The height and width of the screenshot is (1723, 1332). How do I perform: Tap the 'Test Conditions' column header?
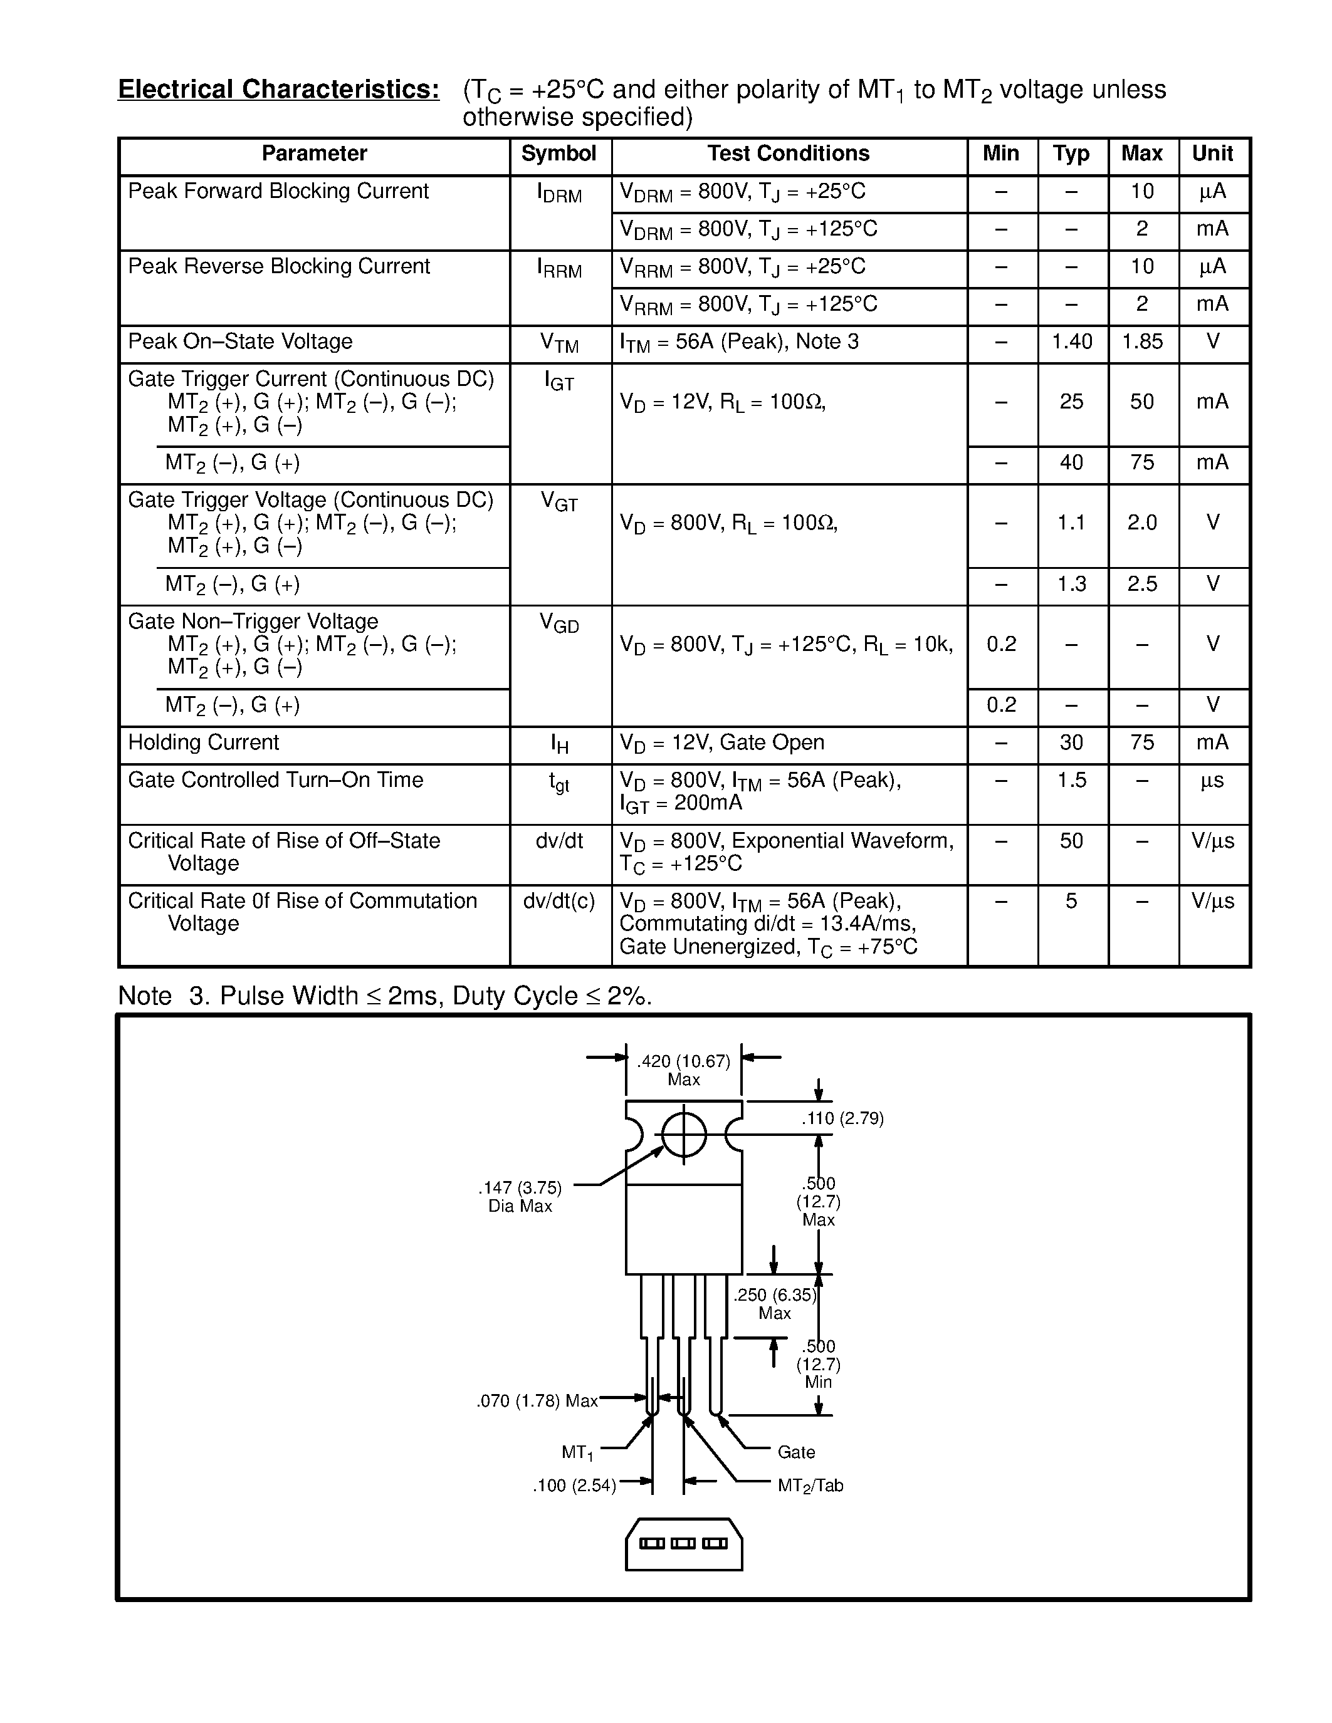point(789,154)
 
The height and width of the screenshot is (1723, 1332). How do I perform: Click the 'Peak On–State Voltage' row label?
point(240,341)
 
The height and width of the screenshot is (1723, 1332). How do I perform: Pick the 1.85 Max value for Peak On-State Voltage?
point(1142,341)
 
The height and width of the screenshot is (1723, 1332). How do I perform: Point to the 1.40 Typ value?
point(1072,341)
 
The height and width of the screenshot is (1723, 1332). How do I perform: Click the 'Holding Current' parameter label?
point(204,742)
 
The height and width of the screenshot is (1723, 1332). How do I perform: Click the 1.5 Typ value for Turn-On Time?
point(1072,780)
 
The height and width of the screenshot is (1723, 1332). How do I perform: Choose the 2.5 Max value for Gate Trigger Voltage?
point(1142,584)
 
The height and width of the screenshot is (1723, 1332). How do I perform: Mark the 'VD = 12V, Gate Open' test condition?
point(722,742)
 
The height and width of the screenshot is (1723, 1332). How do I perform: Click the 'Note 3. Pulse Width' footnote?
point(385,996)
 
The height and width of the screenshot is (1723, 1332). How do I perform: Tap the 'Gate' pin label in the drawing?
point(796,1452)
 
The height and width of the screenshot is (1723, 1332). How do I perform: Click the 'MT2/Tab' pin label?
point(810,1486)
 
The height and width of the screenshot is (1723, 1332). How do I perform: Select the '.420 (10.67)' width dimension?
point(683,1062)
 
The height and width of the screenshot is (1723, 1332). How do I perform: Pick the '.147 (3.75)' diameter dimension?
point(520,1188)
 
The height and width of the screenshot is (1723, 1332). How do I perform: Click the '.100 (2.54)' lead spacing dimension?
point(574,1486)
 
